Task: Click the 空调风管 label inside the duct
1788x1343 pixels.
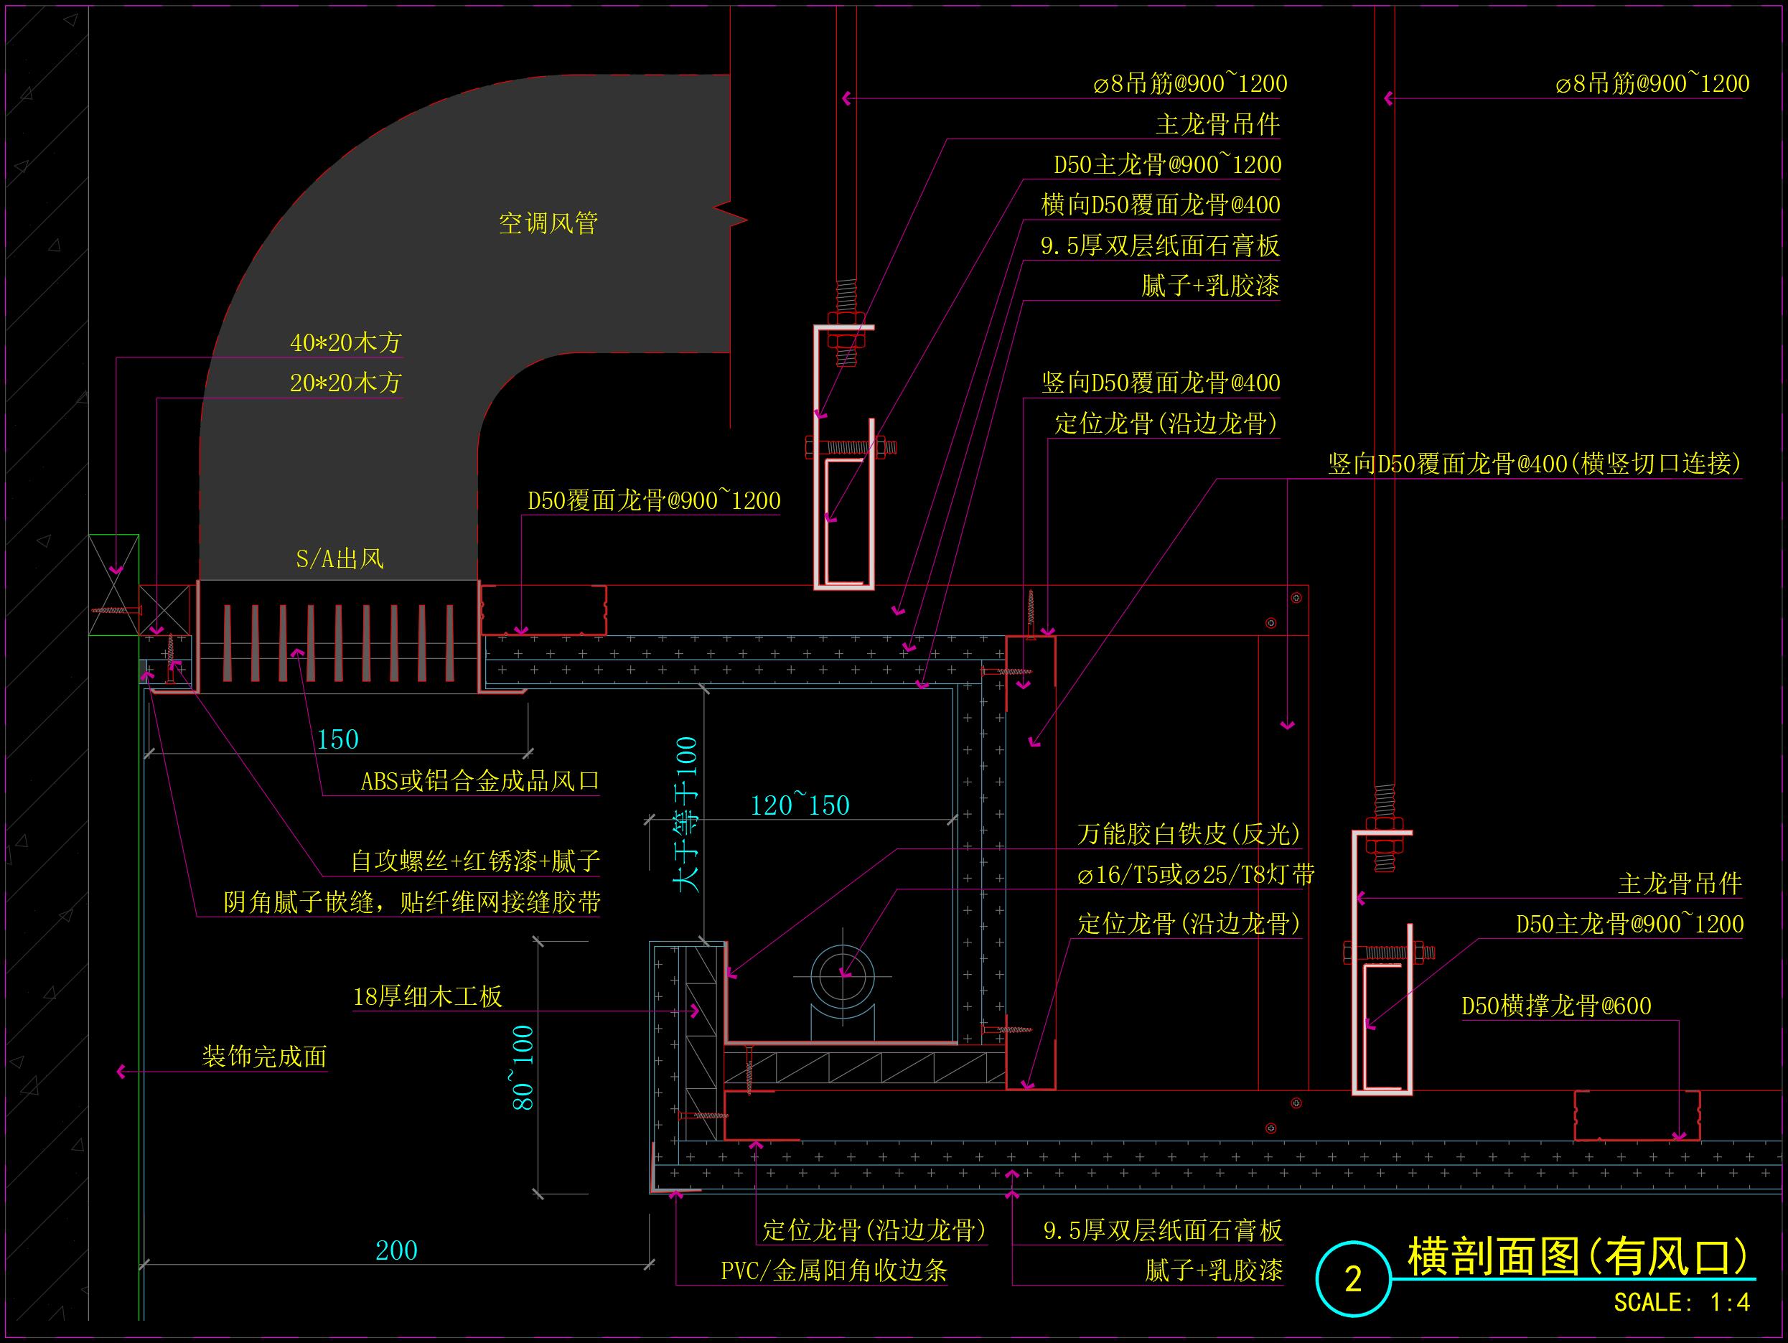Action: [x=548, y=223]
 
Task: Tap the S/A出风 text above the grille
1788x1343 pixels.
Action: [x=340, y=558]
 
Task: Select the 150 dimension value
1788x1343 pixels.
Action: [x=337, y=740]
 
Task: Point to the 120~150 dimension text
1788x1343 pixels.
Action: [x=800, y=805]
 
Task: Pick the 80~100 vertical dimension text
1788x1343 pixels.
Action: [x=523, y=1067]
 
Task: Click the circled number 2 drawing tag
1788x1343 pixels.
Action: [x=1353, y=1279]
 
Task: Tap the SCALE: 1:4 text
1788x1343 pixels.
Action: [x=1681, y=1303]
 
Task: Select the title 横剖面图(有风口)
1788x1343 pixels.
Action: [x=1577, y=1256]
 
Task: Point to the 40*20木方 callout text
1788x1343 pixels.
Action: [x=345, y=343]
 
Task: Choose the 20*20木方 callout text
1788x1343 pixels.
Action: [x=345, y=383]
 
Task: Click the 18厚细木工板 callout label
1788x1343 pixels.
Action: [x=428, y=996]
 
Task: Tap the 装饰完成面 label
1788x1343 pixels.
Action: [x=264, y=1056]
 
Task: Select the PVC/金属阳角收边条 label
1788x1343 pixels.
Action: [x=833, y=1271]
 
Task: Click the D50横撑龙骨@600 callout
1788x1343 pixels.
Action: [x=1556, y=1006]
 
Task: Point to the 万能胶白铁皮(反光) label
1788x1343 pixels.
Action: [x=1188, y=833]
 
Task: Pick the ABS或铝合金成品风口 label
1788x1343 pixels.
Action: [x=479, y=781]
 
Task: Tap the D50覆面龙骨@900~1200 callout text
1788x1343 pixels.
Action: [x=654, y=501]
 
